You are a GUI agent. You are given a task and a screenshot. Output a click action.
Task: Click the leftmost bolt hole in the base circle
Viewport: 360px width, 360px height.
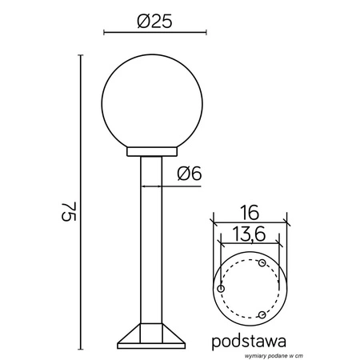coord(221,288)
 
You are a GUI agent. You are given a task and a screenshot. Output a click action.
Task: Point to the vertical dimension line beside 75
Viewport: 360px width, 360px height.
coord(81,200)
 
